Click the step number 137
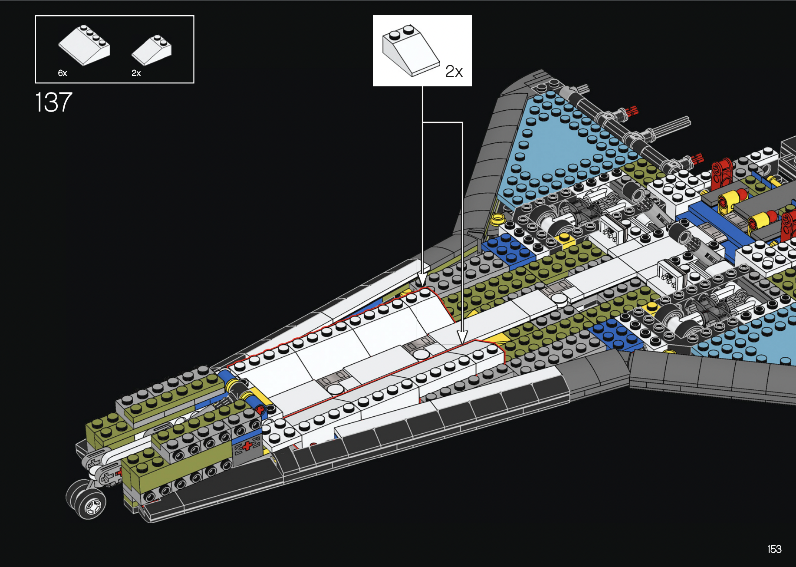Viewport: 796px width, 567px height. click(53, 102)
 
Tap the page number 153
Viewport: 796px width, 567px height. click(774, 549)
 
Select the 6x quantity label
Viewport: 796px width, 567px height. click(62, 73)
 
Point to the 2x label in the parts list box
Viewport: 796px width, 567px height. click(136, 73)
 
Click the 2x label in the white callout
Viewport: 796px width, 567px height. click(454, 71)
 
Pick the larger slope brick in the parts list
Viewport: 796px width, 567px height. click(85, 45)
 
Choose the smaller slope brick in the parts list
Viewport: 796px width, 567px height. click(152, 50)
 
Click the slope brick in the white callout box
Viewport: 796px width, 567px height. click(410, 50)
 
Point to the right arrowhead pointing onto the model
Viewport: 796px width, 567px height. click(462, 337)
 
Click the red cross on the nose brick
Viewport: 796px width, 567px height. click(248, 446)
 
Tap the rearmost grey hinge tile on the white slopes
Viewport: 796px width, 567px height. click(419, 345)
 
